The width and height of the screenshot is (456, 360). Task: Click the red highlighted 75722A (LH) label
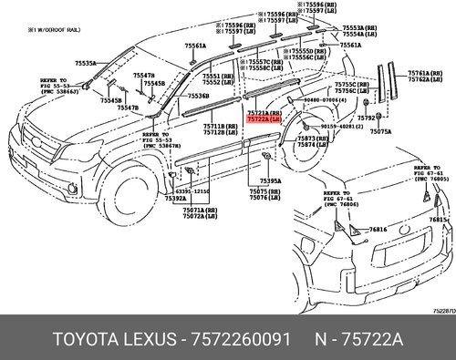[265, 119]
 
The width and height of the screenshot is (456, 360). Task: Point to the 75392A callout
[175, 197]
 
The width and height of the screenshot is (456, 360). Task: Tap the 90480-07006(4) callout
[327, 98]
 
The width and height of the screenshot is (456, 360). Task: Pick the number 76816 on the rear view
[379, 230]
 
